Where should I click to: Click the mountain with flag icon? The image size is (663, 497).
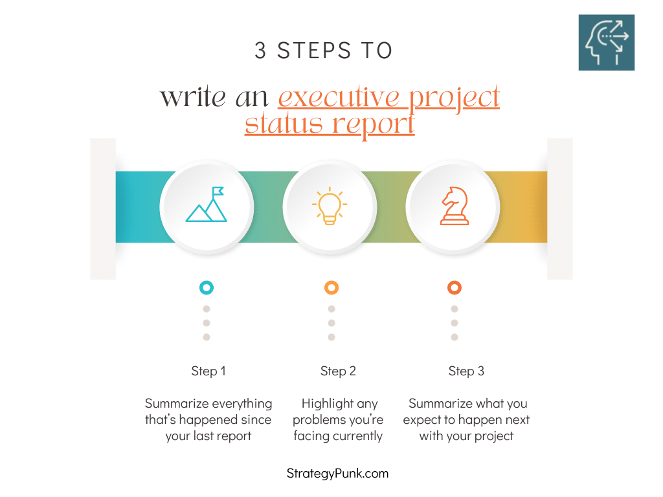point(207,205)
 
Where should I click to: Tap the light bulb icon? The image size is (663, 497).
point(330,206)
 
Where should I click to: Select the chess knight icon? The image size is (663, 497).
point(454,206)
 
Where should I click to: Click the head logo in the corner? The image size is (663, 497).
point(606,42)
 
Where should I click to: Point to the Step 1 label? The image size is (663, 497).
point(208,371)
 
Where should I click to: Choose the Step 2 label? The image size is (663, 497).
point(339,371)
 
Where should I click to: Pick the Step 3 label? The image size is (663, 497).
point(466,371)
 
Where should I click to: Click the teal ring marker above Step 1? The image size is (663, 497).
point(207,287)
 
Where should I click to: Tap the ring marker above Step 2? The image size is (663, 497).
point(331,287)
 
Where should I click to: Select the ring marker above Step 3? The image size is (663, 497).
point(455,287)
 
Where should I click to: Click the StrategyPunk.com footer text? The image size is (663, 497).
point(337,474)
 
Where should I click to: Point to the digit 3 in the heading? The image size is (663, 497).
point(260,51)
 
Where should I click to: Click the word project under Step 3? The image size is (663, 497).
point(493,436)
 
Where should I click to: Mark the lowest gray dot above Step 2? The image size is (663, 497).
point(331,337)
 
